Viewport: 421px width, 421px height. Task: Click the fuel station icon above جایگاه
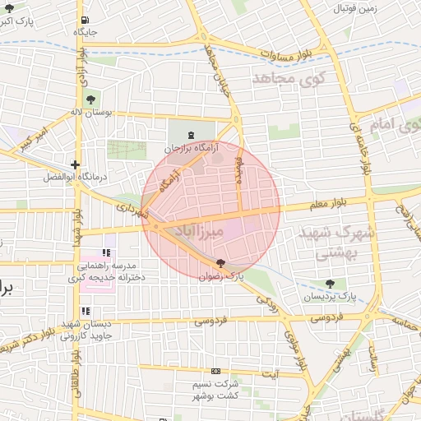click(86, 21)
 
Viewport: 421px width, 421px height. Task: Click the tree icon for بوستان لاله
click(90, 99)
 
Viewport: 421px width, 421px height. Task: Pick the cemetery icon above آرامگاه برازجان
click(192, 134)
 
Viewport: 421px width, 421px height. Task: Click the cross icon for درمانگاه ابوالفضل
click(76, 164)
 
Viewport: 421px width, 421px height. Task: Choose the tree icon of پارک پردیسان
click(329, 284)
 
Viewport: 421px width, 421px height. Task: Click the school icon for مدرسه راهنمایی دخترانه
click(105, 252)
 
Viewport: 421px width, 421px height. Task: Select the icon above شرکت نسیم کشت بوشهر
click(215, 371)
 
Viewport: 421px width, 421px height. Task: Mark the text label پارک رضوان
click(222, 276)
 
